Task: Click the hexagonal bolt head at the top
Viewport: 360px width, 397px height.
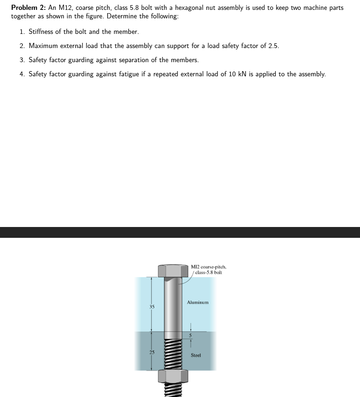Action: click(x=173, y=270)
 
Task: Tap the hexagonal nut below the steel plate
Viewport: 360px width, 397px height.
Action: click(x=173, y=376)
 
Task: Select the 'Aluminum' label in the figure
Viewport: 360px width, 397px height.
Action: click(x=197, y=302)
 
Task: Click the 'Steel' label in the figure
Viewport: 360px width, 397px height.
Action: click(x=196, y=355)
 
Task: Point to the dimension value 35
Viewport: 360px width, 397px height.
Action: click(x=152, y=307)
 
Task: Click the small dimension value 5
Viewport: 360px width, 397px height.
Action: click(x=191, y=336)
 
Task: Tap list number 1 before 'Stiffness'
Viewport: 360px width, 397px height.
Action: click(x=22, y=32)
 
